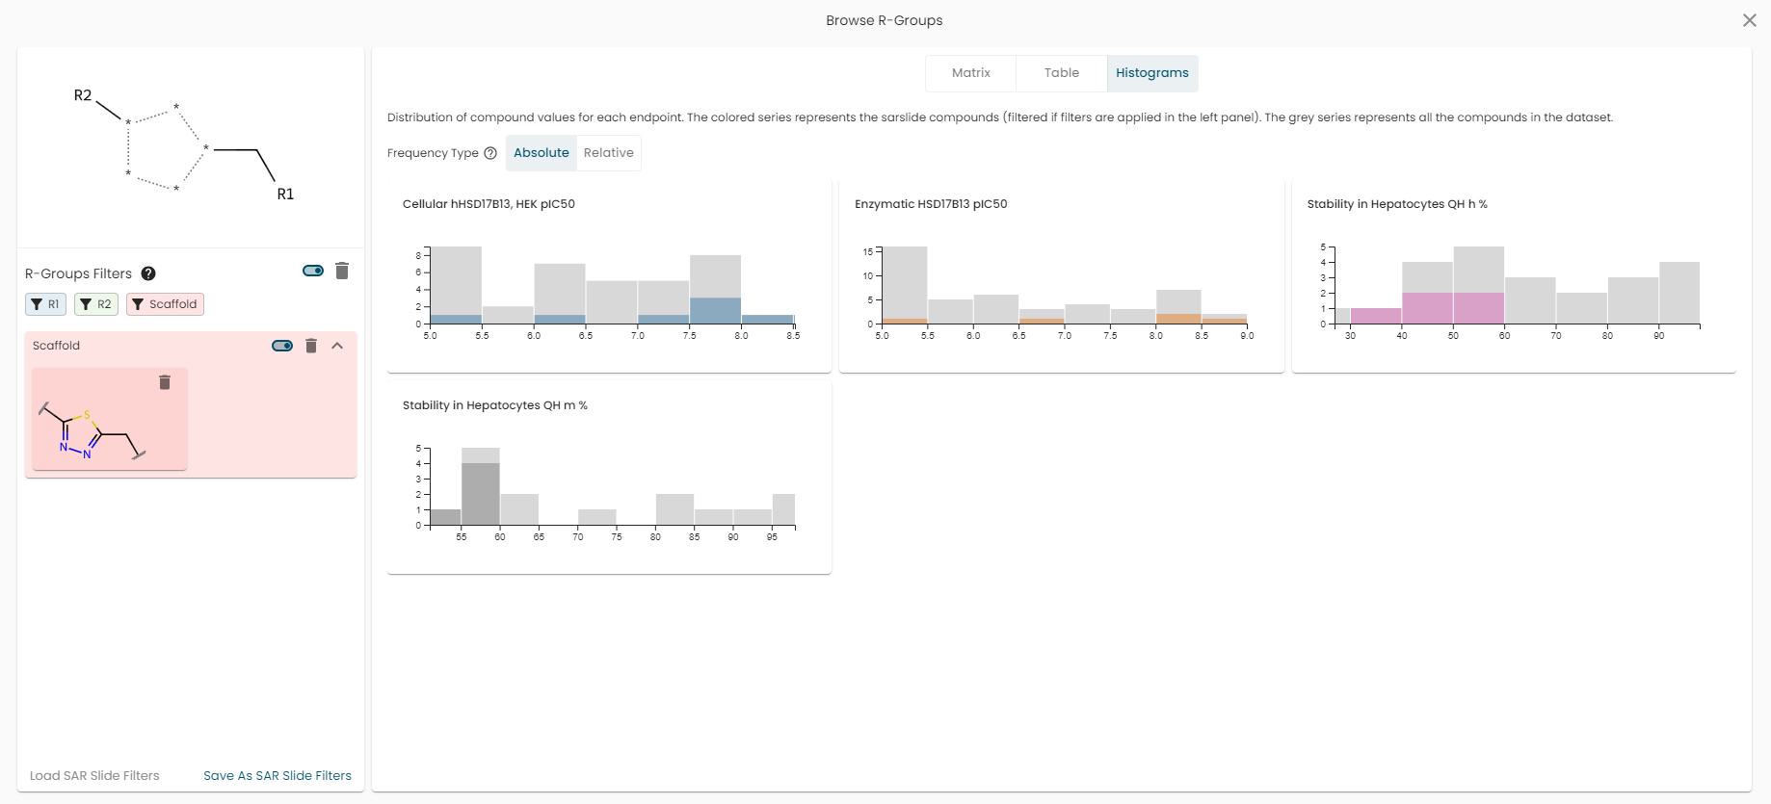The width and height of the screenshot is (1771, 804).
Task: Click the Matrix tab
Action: [x=970, y=73]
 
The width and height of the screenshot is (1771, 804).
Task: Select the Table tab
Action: [x=1061, y=73]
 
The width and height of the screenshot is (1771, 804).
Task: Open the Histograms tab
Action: [x=1152, y=73]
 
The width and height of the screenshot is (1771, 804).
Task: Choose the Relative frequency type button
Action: [x=609, y=153]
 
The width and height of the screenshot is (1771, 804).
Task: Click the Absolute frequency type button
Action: [x=542, y=153]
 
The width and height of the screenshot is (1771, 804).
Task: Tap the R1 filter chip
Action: [x=45, y=304]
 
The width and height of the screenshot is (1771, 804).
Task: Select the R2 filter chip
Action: [x=96, y=304]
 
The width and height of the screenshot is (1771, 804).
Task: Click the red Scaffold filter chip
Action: [x=165, y=304]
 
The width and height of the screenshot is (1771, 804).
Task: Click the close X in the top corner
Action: [x=1750, y=20]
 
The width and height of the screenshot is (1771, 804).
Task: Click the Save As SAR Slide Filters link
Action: [x=278, y=776]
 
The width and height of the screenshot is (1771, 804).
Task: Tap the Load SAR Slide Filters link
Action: [x=94, y=776]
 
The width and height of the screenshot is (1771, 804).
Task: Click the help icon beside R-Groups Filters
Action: [x=148, y=273]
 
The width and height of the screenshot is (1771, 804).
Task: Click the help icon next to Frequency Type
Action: [x=490, y=153]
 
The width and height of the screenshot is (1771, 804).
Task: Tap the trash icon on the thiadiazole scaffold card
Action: [x=165, y=382]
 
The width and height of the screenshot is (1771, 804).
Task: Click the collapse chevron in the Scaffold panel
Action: [x=337, y=346]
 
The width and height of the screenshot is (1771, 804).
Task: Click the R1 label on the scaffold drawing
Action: [x=285, y=195]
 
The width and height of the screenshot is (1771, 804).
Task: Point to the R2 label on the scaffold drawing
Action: [x=83, y=95]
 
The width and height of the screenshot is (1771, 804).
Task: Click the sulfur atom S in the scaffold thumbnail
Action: [x=87, y=415]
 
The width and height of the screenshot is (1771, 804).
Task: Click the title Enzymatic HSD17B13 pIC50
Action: [x=931, y=204]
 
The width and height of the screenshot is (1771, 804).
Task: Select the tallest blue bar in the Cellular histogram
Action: [x=715, y=311]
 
